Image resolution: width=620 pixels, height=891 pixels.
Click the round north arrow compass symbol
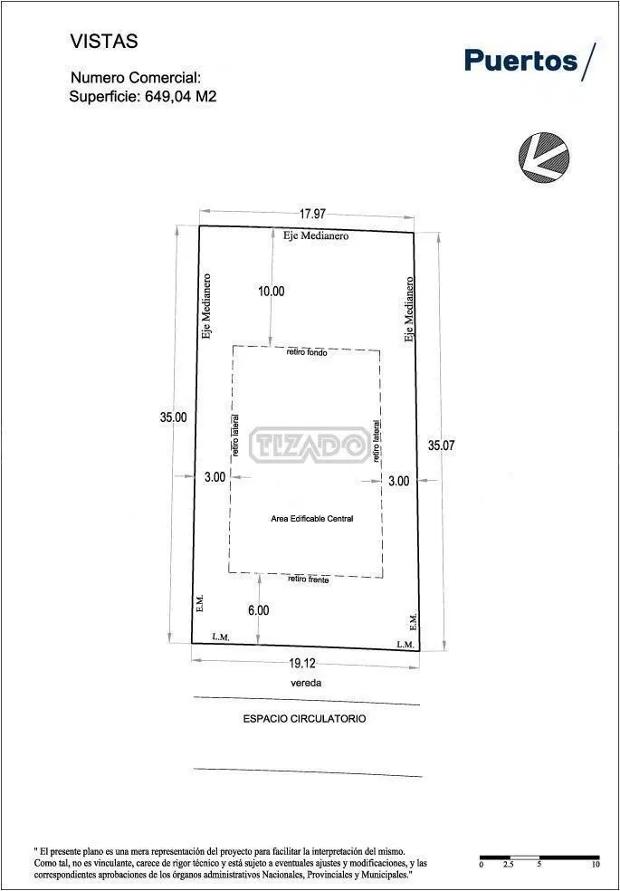coord(543,158)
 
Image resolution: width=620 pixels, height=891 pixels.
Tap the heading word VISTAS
coord(104,42)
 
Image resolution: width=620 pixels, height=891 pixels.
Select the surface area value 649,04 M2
coord(181,96)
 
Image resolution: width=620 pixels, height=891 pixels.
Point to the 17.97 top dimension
coord(312,214)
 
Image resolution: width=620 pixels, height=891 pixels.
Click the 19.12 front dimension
coord(302,663)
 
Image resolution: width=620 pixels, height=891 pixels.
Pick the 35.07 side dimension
coord(441,445)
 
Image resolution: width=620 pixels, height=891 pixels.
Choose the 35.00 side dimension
coord(173,417)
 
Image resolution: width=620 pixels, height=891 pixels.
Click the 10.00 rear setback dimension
coord(272,292)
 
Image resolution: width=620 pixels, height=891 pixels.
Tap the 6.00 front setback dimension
coord(258,610)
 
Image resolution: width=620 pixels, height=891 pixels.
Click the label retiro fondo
coord(307,352)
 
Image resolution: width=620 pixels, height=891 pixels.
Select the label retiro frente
coord(309,579)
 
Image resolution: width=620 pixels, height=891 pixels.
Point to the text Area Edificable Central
coord(312,518)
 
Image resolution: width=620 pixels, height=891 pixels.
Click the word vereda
coord(306,683)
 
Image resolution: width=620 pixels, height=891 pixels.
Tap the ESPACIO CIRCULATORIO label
coord(304,719)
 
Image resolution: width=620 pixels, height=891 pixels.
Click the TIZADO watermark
coord(310,445)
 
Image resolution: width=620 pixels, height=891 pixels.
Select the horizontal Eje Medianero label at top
coord(316,235)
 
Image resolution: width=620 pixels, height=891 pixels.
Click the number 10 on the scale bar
coord(595,865)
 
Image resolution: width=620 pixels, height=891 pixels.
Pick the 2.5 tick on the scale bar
coord(509,865)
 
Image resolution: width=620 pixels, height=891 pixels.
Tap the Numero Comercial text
coord(136,78)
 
